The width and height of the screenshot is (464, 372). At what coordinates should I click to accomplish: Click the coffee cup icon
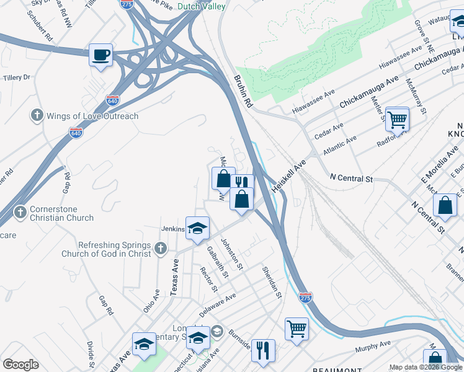(100, 55)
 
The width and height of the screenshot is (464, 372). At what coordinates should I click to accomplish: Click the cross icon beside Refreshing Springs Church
(161, 249)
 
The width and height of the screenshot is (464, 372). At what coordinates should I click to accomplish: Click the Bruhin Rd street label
(242, 92)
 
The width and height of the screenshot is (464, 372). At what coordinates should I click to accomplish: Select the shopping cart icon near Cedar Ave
(397, 118)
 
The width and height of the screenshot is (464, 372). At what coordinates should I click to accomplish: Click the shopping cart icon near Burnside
(297, 328)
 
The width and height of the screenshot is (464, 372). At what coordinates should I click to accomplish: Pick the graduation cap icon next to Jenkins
(197, 228)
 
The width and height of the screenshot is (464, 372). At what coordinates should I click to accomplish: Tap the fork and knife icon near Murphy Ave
(263, 350)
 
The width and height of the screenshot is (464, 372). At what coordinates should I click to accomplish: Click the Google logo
(20, 365)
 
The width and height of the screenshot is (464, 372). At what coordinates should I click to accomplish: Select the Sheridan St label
(272, 282)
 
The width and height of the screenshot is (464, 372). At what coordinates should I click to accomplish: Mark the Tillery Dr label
(17, 77)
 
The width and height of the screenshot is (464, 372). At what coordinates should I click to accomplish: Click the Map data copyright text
(426, 367)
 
